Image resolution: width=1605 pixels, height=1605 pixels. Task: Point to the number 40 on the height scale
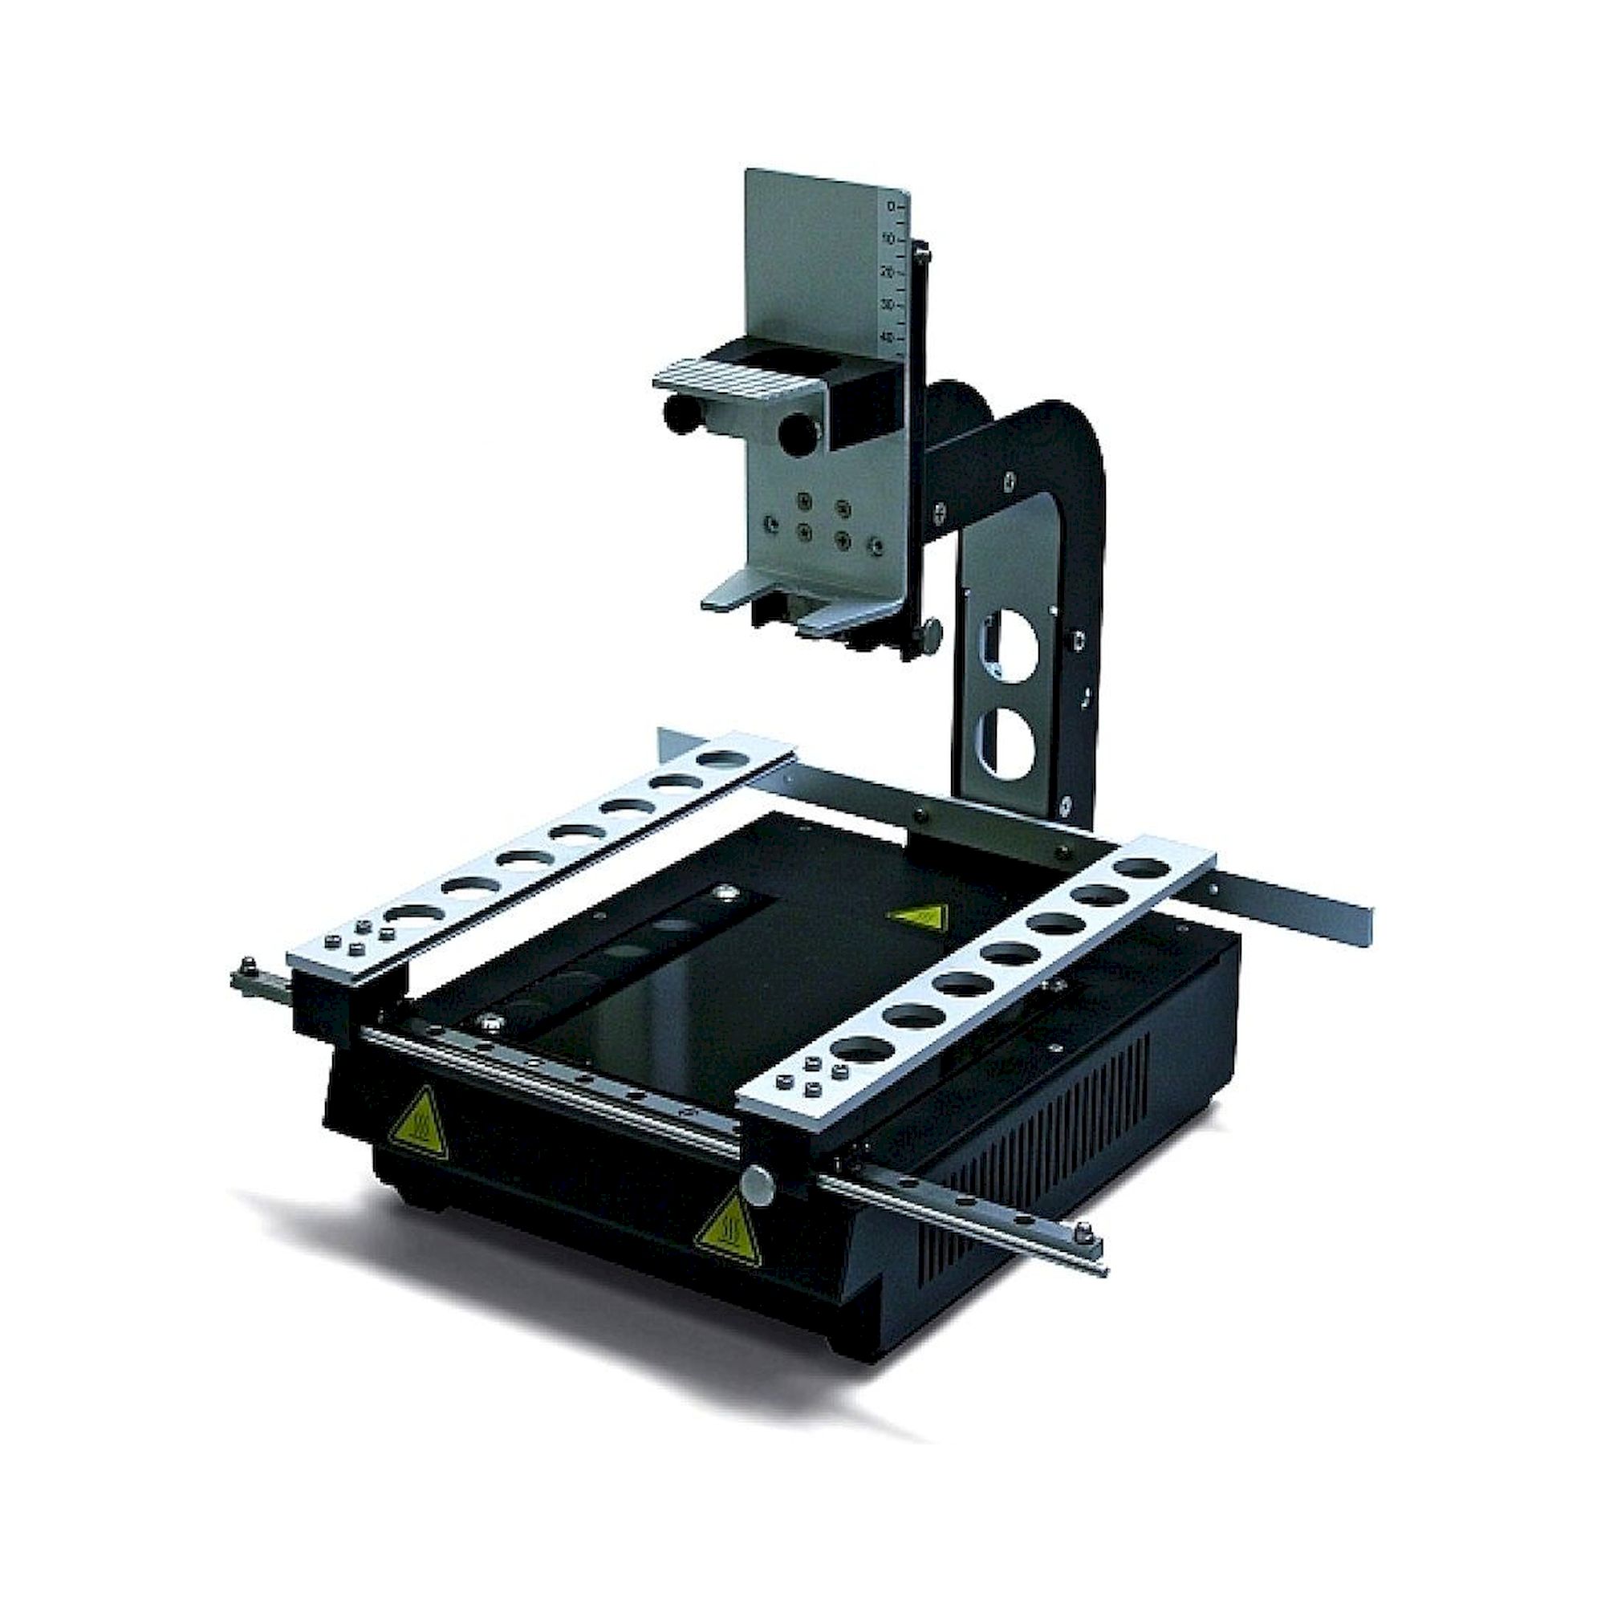coord(888,338)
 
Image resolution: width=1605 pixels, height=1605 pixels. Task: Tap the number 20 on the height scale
coord(888,272)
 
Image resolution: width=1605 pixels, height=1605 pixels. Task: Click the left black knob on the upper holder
coord(677,411)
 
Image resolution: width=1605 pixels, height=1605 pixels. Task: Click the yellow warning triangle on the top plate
coord(916,918)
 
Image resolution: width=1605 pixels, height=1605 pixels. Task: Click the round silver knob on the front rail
coord(760,1180)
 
